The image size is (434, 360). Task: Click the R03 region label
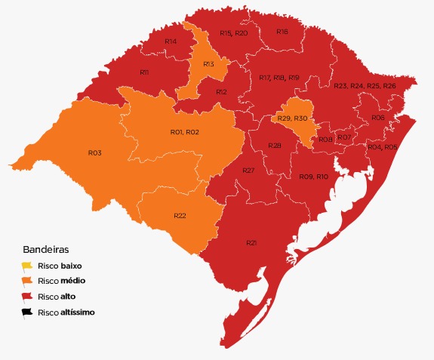(x=94, y=152)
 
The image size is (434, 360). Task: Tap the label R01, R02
(x=184, y=132)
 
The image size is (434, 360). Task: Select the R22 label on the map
(x=180, y=216)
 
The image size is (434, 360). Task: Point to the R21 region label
(x=251, y=242)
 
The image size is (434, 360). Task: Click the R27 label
(x=248, y=171)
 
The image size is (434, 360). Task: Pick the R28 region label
(x=275, y=145)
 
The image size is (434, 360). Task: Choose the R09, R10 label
(x=313, y=176)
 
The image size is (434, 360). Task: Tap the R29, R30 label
(x=292, y=118)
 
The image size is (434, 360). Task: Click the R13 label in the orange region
(x=209, y=64)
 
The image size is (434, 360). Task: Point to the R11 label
(x=144, y=72)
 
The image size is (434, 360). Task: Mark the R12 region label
(x=221, y=91)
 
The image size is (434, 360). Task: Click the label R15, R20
(x=233, y=33)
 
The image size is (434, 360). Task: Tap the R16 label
(x=282, y=32)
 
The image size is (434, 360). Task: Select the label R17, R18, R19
(x=279, y=78)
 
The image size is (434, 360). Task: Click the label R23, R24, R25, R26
(x=365, y=86)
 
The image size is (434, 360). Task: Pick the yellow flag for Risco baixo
(x=27, y=266)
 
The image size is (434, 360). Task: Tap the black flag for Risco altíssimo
(x=27, y=311)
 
